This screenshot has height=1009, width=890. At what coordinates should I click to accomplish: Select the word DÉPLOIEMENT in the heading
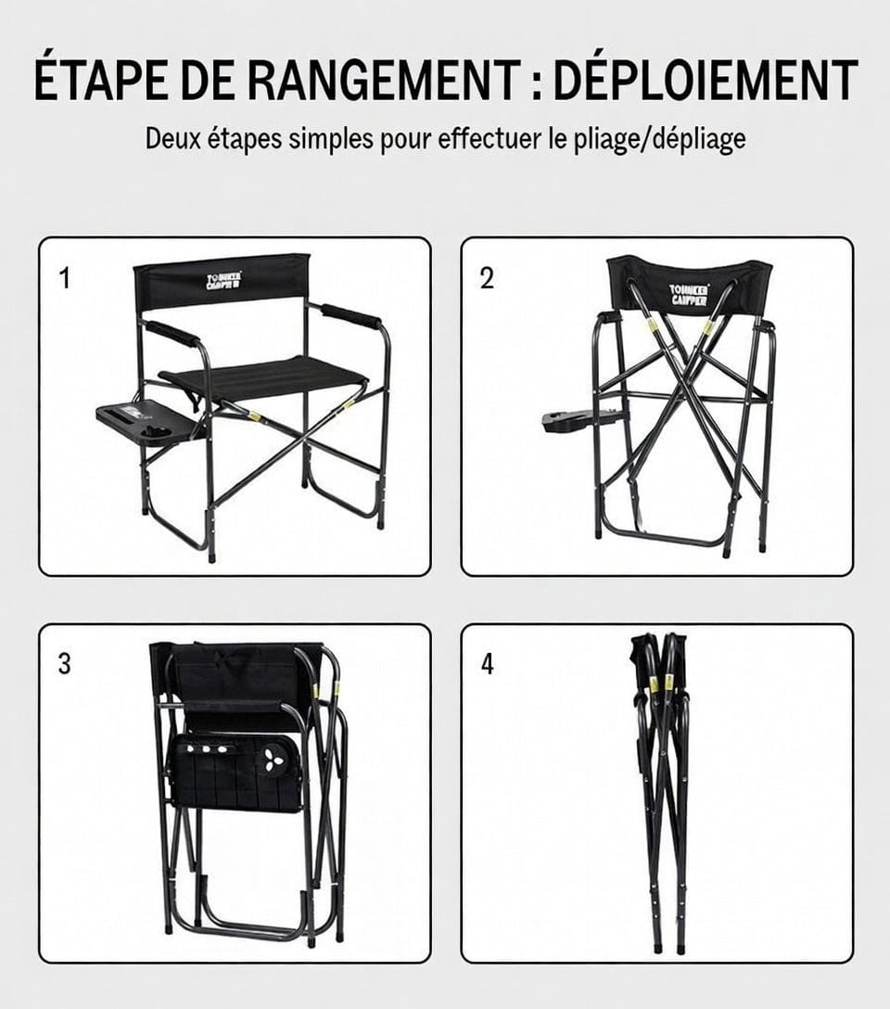click(x=706, y=81)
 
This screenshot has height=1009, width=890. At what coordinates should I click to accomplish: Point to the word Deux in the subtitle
click(x=175, y=140)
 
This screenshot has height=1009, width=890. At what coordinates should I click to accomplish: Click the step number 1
click(x=64, y=278)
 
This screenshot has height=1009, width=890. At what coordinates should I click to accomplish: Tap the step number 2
click(x=487, y=278)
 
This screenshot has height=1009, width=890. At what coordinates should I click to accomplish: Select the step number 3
click(x=64, y=664)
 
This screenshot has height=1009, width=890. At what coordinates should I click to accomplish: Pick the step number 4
click(x=488, y=664)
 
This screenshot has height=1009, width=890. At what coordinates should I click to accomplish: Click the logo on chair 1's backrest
click(x=225, y=279)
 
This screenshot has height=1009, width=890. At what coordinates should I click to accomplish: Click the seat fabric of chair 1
click(x=269, y=376)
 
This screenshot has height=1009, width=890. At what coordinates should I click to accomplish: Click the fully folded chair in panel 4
click(x=660, y=788)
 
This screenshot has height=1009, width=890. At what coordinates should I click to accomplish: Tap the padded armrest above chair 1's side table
click(x=172, y=333)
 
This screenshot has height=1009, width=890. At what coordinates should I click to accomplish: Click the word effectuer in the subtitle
click(x=489, y=140)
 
